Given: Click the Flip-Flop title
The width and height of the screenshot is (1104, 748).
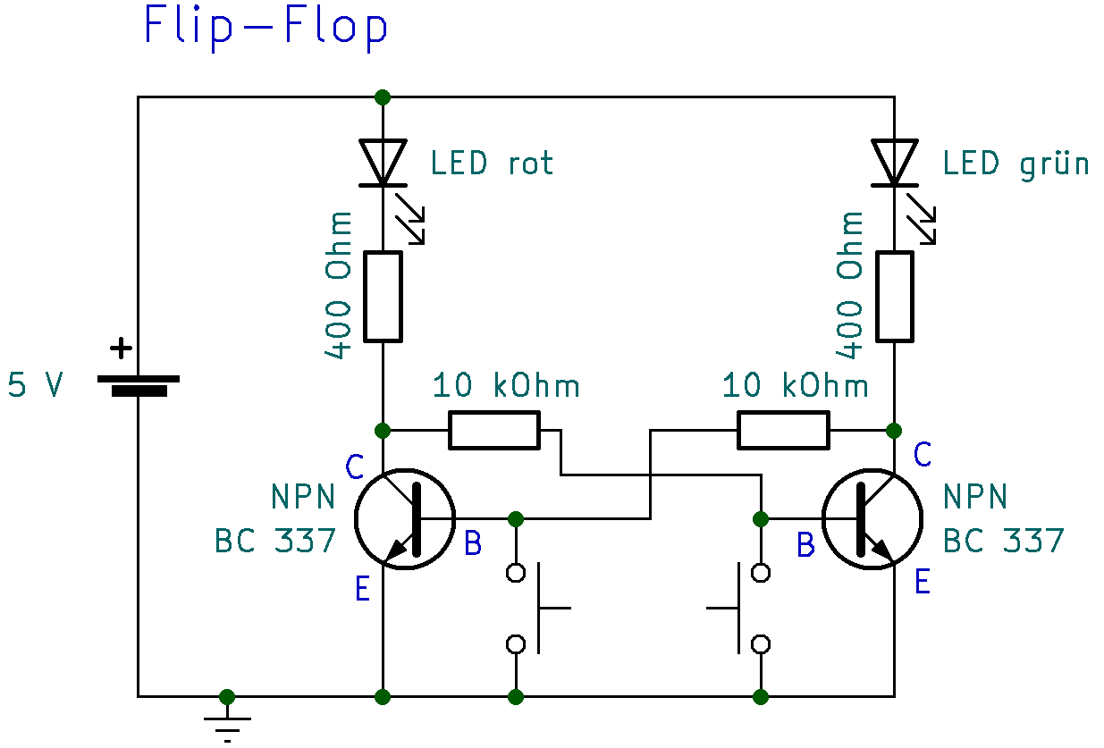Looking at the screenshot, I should [x=265, y=27].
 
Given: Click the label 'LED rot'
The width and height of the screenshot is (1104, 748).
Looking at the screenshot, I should [x=492, y=164].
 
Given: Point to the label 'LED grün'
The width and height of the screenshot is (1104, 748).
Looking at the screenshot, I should [x=1016, y=164].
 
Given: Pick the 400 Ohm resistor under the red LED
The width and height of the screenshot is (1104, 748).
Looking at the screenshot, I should [x=383, y=297].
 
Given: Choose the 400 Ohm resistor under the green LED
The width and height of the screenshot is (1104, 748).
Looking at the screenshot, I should [x=895, y=297].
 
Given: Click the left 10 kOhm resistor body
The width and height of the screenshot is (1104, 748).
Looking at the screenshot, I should [x=494, y=430].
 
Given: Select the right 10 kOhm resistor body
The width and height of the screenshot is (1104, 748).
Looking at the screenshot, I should [x=783, y=430].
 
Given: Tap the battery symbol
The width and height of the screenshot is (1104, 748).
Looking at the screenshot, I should [x=138, y=384].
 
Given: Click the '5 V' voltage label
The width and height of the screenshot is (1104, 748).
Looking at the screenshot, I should [x=36, y=385].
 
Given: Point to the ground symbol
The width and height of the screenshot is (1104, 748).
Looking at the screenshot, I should [x=227, y=720].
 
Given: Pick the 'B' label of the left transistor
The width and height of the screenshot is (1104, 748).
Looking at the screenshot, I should [x=474, y=542].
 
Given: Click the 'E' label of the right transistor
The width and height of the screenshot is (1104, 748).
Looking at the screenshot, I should [x=923, y=583].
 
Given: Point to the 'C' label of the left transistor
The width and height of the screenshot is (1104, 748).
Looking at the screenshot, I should [x=354, y=466].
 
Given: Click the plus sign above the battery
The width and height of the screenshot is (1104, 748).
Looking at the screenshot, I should [x=120, y=348].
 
